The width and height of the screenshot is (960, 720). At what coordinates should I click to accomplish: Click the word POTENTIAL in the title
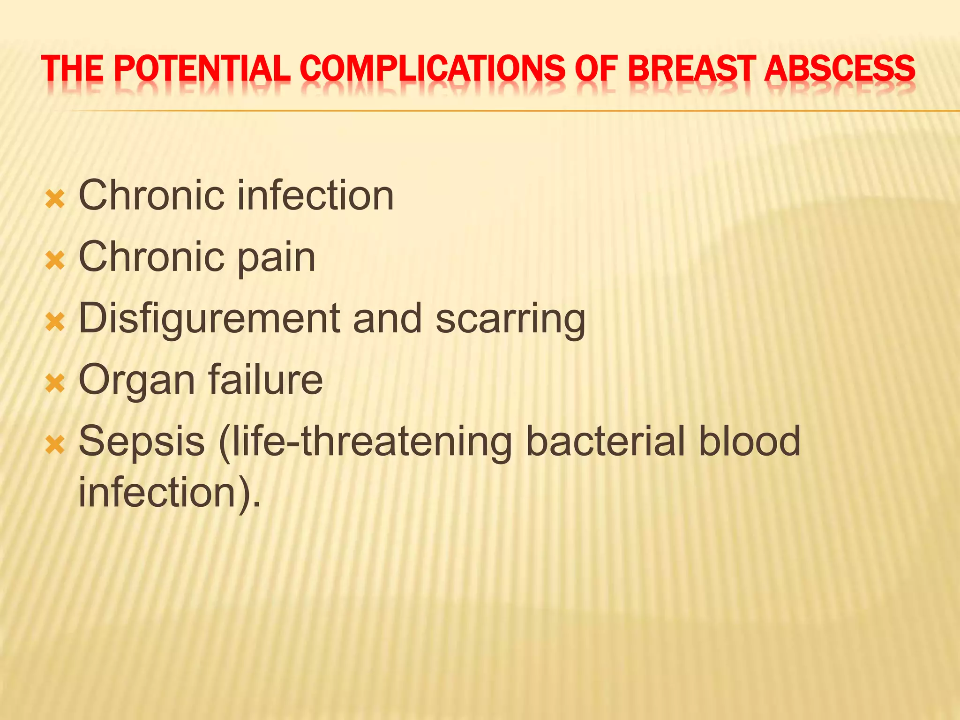(202, 68)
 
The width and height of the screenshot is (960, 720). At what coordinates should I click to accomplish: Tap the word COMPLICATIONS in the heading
(432, 68)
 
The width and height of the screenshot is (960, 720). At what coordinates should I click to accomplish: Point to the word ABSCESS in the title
(839, 68)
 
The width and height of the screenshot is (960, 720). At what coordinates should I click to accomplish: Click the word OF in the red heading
(596, 68)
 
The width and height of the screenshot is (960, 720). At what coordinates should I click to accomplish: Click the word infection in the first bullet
(315, 195)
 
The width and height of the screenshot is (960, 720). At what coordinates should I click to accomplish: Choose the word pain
(277, 258)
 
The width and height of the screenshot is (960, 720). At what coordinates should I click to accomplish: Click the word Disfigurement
(209, 319)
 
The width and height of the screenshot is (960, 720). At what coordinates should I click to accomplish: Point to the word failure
(265, 380)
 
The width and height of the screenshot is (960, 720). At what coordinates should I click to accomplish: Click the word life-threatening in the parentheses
(366, 442)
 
